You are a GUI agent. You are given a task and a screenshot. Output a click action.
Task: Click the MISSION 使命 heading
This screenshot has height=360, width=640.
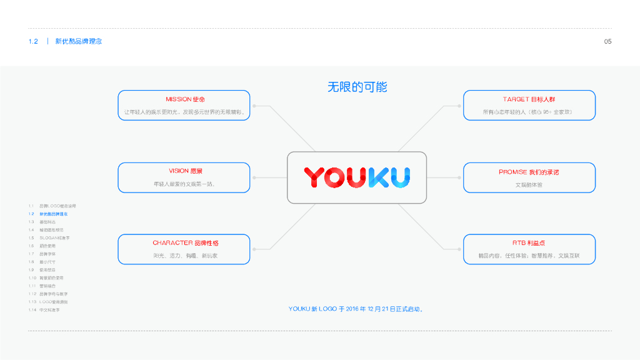[185, 99]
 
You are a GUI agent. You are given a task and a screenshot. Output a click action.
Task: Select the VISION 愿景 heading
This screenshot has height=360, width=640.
[185, 171]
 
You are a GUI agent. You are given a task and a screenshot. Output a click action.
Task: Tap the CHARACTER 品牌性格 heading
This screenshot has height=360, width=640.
[185, 242]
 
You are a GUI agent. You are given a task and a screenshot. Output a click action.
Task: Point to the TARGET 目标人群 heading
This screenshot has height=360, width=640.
[529, 99]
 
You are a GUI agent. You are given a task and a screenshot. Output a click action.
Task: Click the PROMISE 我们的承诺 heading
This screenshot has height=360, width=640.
[529, 171]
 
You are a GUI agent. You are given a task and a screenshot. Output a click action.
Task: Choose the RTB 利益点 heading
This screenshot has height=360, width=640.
[529, 242]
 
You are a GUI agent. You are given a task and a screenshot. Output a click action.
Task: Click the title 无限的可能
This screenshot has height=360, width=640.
[357, 87]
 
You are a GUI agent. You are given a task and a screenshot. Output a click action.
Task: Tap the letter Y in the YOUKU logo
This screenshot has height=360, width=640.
[315, 177]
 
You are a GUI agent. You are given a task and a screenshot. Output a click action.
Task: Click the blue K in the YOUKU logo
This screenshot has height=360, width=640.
[379, 177]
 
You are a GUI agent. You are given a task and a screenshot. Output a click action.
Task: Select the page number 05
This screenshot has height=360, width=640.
[607, 41]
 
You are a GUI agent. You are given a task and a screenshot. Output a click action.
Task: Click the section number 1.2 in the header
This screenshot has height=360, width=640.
[34, 41]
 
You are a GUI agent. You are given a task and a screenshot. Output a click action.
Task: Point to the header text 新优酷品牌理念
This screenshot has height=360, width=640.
[78, 41]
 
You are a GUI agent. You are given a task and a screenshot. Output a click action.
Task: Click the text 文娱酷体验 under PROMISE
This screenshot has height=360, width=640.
[529, 185]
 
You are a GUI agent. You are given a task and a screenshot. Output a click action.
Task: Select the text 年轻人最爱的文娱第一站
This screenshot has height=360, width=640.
[184, 184]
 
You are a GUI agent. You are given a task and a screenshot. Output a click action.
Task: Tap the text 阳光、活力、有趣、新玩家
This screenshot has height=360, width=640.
[185, 256]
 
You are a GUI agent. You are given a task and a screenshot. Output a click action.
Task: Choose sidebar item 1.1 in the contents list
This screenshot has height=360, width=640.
[52, 206]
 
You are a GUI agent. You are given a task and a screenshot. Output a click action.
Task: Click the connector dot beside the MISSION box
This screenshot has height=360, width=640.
[254, 106]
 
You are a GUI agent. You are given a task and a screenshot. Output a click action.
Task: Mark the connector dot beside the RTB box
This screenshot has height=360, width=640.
[459, 249]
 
